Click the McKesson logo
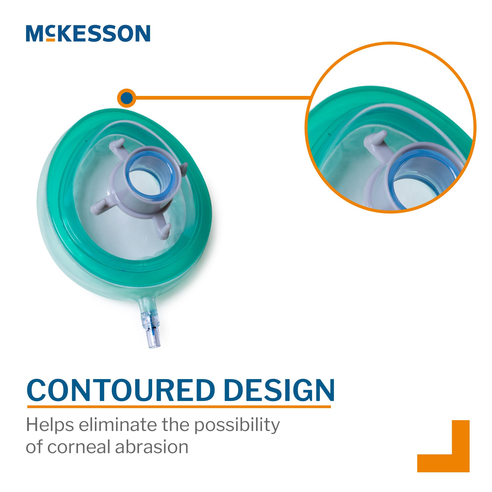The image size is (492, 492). (x=88, y=33)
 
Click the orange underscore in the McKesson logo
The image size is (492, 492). (x=51, y=40)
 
